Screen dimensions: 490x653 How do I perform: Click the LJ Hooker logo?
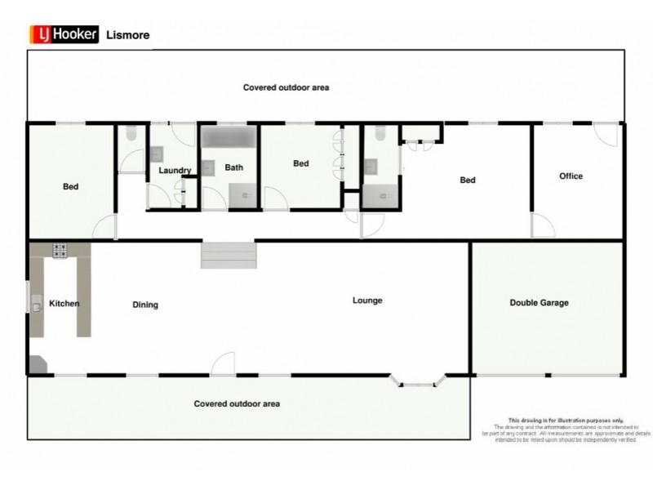pyautogui.click(x=64, y=34)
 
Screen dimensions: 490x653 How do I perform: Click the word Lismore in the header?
pyautogui.click(x=127, y=35)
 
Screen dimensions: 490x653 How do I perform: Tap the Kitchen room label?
pyautogui.click(x=64, y=304)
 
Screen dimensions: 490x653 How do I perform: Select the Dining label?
pyautogui.click(x=145, y=305)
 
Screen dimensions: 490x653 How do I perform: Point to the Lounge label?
pyautogui.click(x=367, y=301)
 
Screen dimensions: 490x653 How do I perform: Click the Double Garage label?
pyautogui.click(x=539, y=303)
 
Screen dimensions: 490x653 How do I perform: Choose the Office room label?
pyautogui.click(x=571, y=176)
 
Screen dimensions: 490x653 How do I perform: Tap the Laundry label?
pyautogui.click(x=175, y=171)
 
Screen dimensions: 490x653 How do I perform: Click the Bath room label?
pyautogui.click(x=234, y=168)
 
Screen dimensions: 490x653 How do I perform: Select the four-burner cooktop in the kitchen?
pyautogui.click(x=60, y=251)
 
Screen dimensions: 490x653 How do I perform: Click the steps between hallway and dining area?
pyautogui.click(x=229, y=255)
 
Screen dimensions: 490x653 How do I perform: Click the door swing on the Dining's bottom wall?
pyautogui.click(x=223, y=364)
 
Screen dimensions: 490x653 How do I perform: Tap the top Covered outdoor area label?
pyautogui.click(x=286, y=87)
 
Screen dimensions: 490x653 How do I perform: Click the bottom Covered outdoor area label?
pyautogui.click(x=237, y=403)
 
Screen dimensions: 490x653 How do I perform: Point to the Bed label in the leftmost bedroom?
pyautogui.click(x=71, y=187)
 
